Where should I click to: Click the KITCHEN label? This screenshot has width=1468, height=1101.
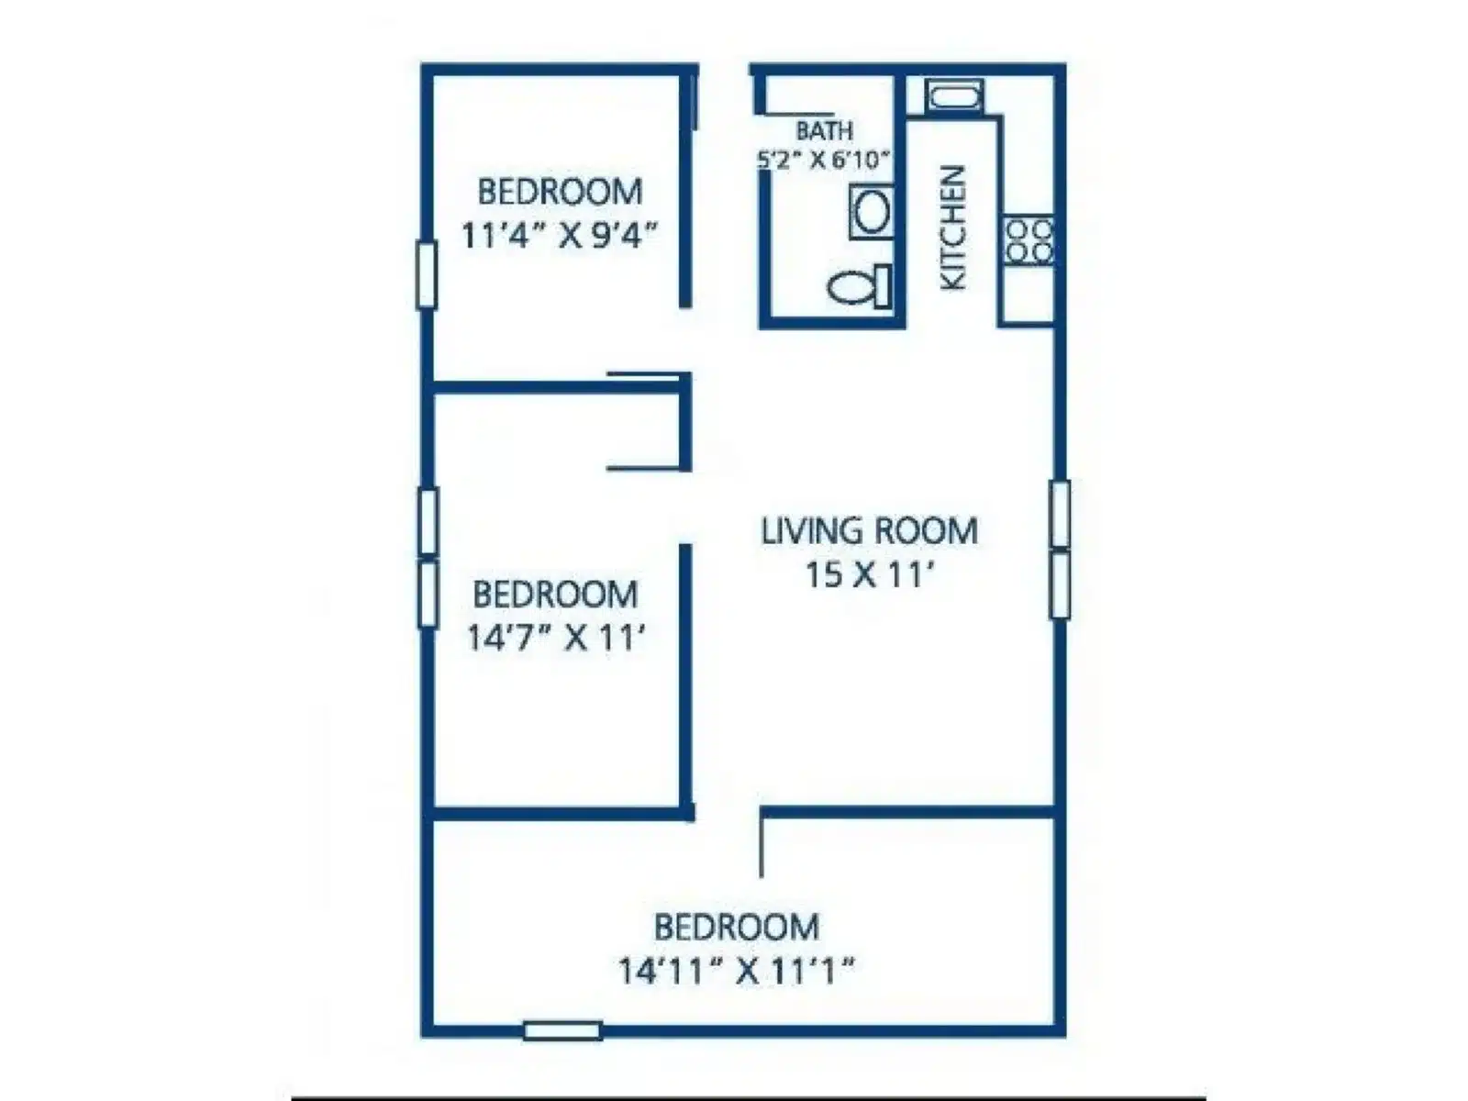click(x=953, y=228)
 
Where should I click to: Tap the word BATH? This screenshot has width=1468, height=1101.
click(x=824, y=130)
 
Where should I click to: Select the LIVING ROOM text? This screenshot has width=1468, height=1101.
click(x=870, y=531)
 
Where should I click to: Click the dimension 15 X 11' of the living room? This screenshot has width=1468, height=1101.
click(x=869, y=574)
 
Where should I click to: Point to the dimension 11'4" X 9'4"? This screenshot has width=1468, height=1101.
click(x=560, y=235)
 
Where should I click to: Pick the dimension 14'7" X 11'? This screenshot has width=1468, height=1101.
click(x=555, y=637)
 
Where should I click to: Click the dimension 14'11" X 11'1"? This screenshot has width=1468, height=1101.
click(x=737, y=971)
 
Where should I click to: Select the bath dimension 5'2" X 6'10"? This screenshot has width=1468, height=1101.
click(x=823, y=161)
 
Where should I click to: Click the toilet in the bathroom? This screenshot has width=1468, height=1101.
click(x=860, y=286)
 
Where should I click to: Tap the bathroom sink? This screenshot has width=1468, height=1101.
click(x=872, y=212)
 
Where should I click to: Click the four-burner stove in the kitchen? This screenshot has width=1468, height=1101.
click(x=1029, y=240)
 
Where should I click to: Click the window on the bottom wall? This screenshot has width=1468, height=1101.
click(x=562, y=1030)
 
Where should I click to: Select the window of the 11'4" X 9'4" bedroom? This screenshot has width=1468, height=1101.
click(x=427, y=274)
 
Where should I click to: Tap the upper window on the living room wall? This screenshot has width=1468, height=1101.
click(x=1060, y=514)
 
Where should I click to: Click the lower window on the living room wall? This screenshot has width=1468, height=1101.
click(x=1060, y=585)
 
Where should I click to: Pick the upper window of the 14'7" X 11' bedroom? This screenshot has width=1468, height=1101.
click(x=428, y=522)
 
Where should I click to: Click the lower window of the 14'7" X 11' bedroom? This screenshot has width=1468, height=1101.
click(x=428, y=595)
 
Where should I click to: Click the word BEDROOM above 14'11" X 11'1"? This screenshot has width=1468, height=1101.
click(x=737, y=928)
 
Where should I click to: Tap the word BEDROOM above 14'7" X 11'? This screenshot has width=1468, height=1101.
click(x=555, y=595)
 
